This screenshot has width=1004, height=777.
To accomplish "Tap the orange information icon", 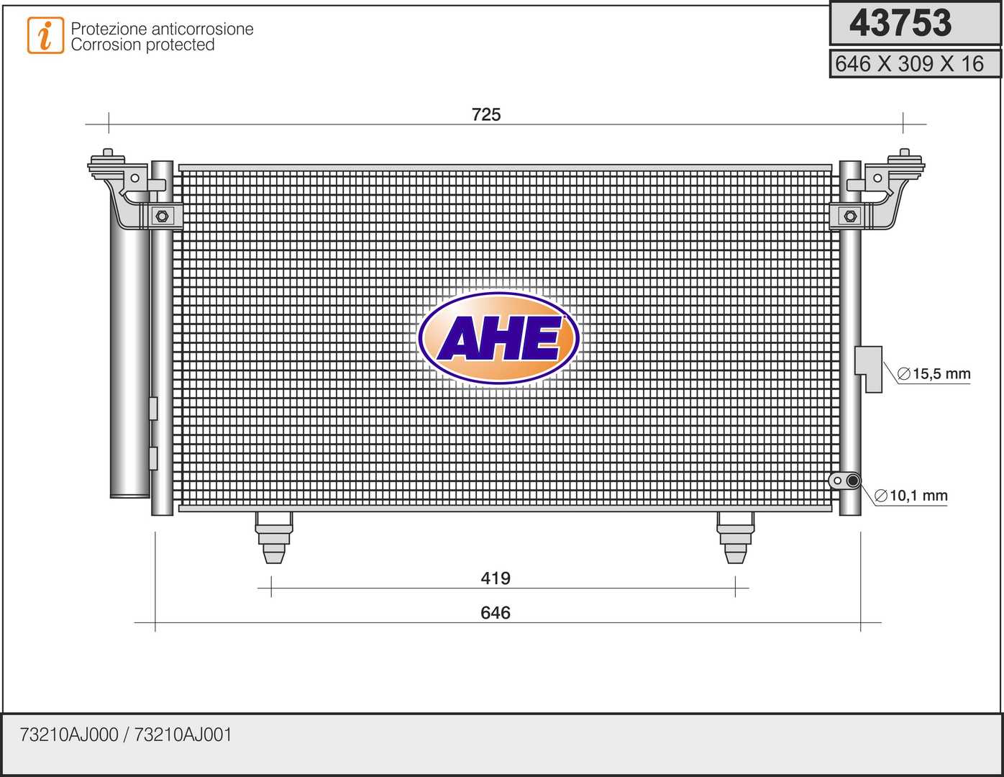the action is coord(45,35).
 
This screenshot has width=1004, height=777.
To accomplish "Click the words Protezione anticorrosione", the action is coord(162,29).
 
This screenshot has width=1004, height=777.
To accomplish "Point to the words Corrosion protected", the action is coord(142,45).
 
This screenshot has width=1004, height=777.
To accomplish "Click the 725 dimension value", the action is coord(486,114).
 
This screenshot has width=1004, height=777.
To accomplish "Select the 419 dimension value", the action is coord(496,578).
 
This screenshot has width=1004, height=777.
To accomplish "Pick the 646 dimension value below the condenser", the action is coord(496,612).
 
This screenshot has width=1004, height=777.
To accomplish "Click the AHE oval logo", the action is coord(498,338).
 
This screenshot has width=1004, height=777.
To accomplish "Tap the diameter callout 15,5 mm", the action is coord(934,373).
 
